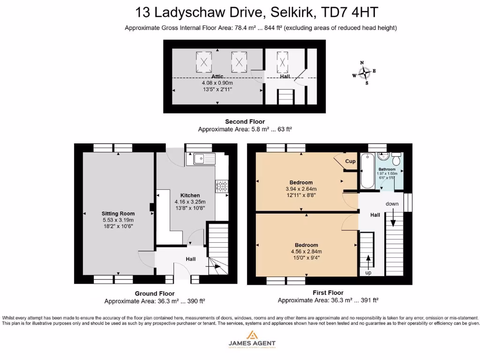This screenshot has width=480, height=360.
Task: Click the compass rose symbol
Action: tap(364, 73)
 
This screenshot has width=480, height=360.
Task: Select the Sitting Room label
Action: tap(118, 214)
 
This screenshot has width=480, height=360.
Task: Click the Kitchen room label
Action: tap(190, 195)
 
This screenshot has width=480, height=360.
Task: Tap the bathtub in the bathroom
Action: tap(367, 171)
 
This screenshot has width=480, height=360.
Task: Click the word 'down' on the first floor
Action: tap(392, 204)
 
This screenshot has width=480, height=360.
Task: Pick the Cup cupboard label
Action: tap(350, 161)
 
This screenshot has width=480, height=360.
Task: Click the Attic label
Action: tap(217, 76)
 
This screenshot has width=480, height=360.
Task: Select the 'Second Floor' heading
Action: tap(245, 121)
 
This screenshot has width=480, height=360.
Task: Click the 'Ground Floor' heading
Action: tap(155, 293)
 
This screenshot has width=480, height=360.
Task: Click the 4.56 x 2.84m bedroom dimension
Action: tap(307, 251)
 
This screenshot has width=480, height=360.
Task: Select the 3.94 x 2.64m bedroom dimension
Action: tap(301, 189)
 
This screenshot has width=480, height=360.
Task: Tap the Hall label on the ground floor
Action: tap(190, 259)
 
